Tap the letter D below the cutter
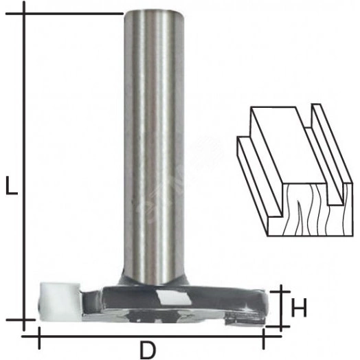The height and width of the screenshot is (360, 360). coord(148,350)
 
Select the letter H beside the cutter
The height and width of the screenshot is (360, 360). coord(298,308)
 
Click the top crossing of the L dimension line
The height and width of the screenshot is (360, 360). coord(24,13)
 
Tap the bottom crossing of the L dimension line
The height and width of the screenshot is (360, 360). coord(24,320)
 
